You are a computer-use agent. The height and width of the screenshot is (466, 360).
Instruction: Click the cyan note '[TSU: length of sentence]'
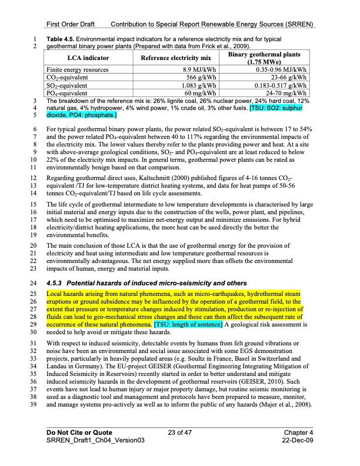click(x=187, y=325)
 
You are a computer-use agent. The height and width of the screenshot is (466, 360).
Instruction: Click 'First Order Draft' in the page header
click(x=71, y=24)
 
